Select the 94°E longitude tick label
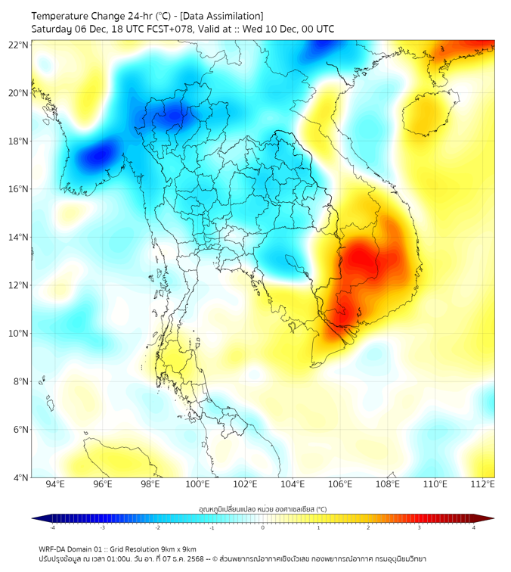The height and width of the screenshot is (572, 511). [55, 485]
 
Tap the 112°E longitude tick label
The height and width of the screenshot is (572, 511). [482, 485]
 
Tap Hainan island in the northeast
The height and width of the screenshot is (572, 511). [428, 112]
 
